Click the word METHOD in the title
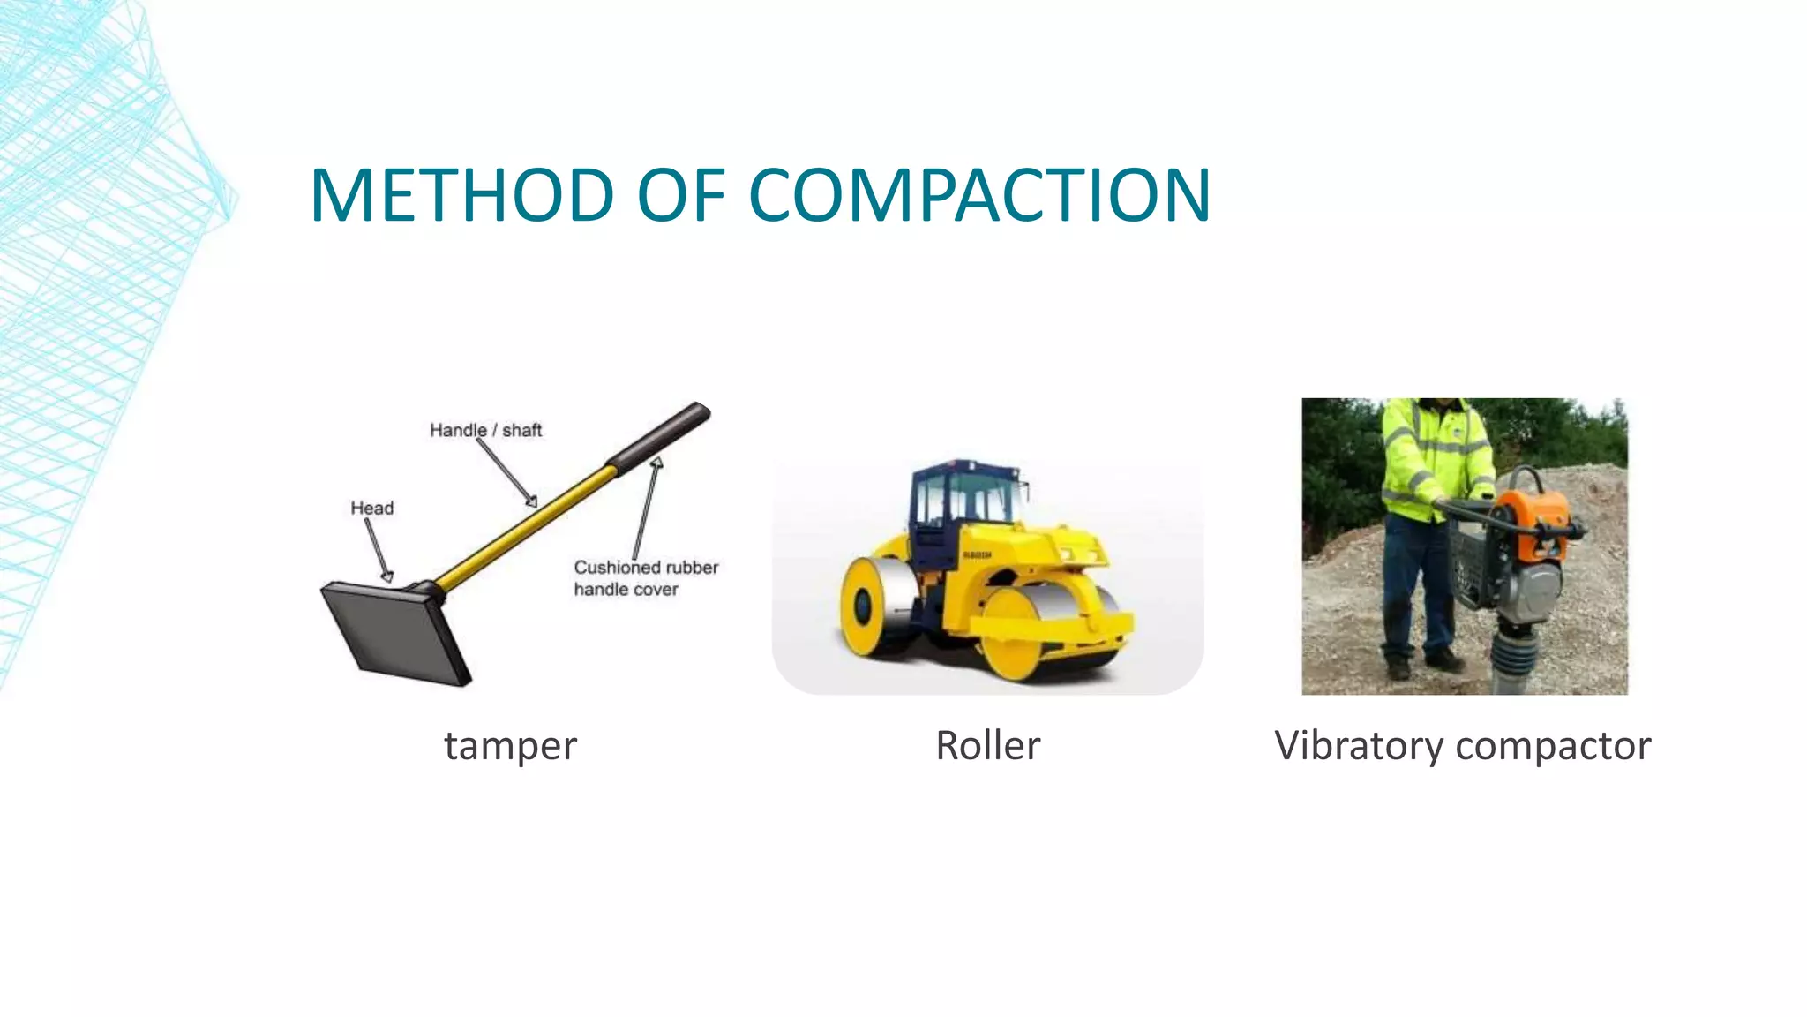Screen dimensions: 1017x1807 click(x=461, y=195)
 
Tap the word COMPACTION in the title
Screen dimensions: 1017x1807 click(x=979, y=195)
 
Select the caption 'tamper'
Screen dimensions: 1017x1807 click(x=510, y=746)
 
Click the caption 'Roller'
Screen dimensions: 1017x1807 click(x=987, y=746)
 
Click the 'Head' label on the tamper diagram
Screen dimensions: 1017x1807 click(x=371, y=508)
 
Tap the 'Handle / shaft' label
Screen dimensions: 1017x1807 click(x=485, y=431)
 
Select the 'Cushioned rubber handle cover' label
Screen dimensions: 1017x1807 click(x=645, y=578)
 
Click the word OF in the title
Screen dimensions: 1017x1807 click(x=680, y=195)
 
